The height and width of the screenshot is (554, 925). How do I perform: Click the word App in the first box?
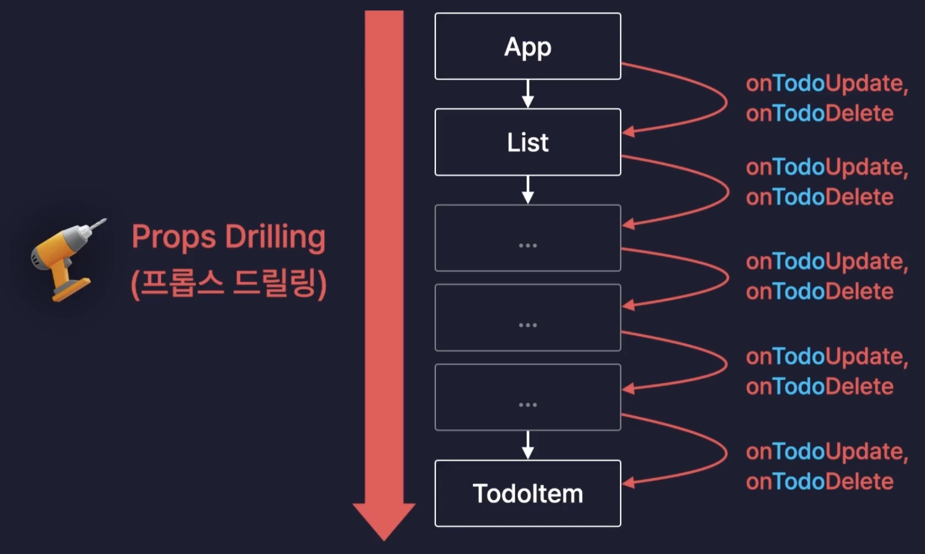click(x=528, y=47)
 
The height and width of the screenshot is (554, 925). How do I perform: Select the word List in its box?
click(x=528, y=142)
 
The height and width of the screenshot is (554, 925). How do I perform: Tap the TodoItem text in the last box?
click(x=528, y=493)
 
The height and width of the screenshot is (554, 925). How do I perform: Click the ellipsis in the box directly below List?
click(x=528, y=245)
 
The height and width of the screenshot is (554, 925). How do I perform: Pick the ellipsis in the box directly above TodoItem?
click(x=528, y=404)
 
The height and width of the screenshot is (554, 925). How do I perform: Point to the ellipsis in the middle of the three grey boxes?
click(x=528, y=325)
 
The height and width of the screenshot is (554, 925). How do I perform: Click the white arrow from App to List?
click(x=528, y=94)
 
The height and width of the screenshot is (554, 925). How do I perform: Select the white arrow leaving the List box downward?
click(x=528, y=190)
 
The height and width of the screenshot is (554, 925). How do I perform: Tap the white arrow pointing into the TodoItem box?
click(x=528, y=446)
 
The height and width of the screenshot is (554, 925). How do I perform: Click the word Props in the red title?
click(x=174, y=237)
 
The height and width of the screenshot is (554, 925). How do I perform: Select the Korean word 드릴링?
click(x=274, y=282)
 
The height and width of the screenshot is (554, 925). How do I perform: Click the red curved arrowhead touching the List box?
click(x=628, y=132)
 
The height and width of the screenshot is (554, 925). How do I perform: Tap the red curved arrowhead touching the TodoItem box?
click(x=628, y=483)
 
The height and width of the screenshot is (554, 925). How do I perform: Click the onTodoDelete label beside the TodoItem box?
click(x=820, y=482)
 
